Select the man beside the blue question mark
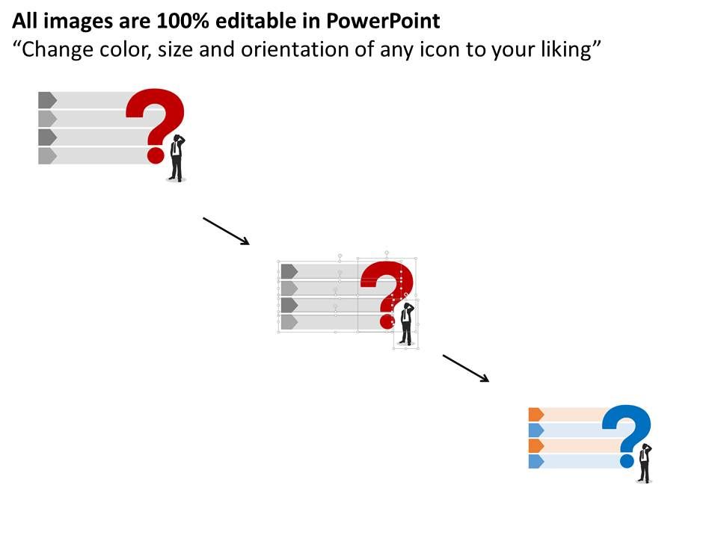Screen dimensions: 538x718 click(x=644, y=463)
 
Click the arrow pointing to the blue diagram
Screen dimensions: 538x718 click(x=465, y=368)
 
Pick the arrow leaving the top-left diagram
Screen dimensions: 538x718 click(x=226, y=231)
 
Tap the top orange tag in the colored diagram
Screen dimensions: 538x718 click(x=536, y=414)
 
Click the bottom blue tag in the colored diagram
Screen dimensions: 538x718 click(x=536, y=461)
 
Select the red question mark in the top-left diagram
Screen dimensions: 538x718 click(x=156, y=120)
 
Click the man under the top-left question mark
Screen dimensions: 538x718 click(x=177, y=158)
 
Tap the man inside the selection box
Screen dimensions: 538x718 click(x=405, y=324)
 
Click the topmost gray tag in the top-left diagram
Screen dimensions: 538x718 click(x=47, y=99)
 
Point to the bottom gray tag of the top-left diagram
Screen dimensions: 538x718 click(x=47, y=155)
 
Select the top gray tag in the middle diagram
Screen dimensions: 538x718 click(x=289, y=270)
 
